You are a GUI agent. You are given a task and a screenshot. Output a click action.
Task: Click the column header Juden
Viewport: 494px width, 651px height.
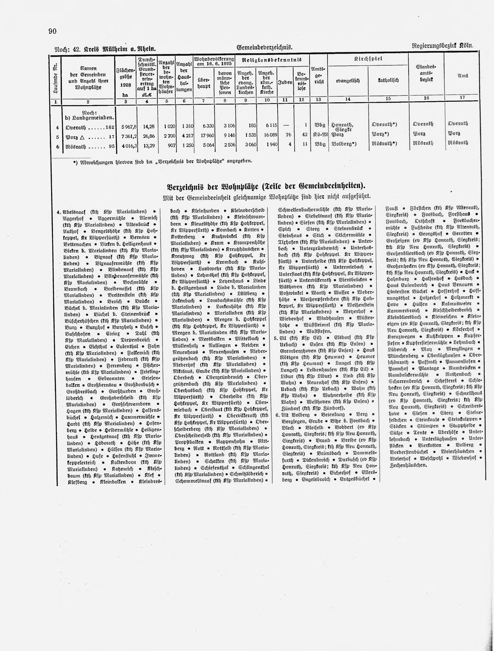pos(285,82)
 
